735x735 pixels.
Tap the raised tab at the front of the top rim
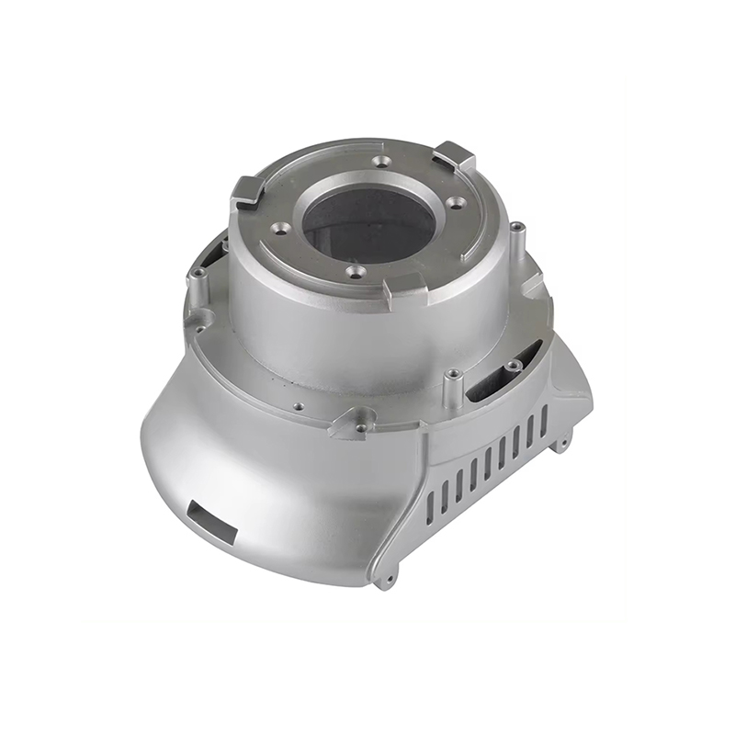404,287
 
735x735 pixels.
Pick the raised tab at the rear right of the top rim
453,156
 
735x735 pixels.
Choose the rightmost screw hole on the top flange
460,204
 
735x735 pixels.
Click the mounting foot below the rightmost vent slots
560,446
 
